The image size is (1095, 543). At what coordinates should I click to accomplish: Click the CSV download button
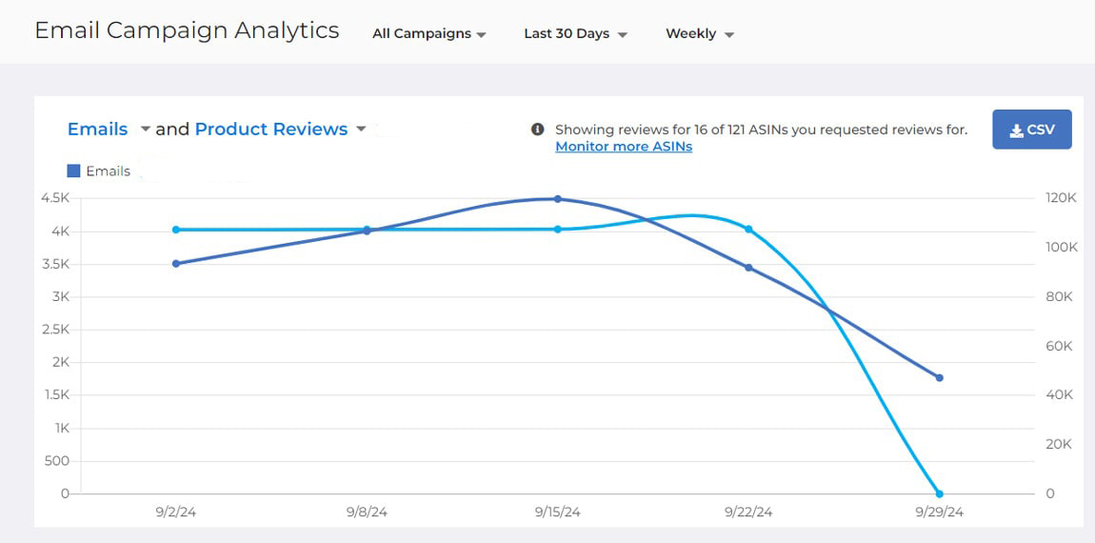click(x=1031, y=130)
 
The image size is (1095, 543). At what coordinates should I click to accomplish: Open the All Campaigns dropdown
click(x=428, y=33)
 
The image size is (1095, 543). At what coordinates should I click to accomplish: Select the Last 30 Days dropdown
click(x=575, y=33)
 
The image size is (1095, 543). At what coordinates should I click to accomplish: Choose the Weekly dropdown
click(x=699, y=33)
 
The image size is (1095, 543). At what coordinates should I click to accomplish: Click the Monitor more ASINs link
click(x=623, y=147)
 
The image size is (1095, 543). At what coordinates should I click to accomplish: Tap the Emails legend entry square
click(x=73, y=171)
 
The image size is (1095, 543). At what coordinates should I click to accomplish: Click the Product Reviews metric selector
click(x=271, y=129)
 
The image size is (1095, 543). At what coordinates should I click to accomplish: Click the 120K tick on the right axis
click(x=1061, y=198)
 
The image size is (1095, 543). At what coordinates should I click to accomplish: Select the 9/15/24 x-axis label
click(x=557, y=512)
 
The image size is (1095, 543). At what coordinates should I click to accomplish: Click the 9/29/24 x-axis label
click(x=938, y=512)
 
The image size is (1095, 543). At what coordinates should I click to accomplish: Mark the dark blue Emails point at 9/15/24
click(x=558, y=199)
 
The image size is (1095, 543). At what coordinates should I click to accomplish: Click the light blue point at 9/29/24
click(x=939, y=493)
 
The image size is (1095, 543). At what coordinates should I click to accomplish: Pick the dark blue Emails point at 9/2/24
click(x=176, y=264)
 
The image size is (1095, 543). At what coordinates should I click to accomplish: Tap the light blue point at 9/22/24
click(x=748, y=230)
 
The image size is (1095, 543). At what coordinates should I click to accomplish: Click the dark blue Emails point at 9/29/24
click(x=939, y=378)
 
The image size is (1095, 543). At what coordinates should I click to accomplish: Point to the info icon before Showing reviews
click(x=537, y=130)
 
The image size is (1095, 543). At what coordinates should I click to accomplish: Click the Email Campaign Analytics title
click(x=187, y=30)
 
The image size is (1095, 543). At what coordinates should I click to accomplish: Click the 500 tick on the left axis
click(x=57, y=461)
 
